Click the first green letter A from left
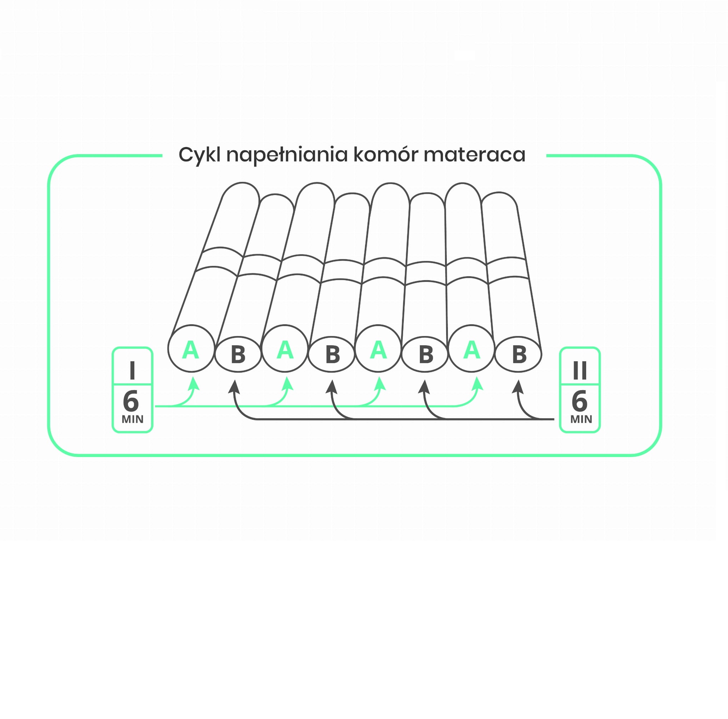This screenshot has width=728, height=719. [190, 350]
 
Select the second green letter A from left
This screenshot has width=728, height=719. [285, 350]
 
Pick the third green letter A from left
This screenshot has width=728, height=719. [378, 350]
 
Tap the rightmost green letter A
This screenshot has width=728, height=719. [472, 350]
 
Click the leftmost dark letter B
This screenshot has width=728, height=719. [238, 355]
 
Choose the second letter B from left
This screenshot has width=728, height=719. [332, 355]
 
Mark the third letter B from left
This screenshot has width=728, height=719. [426, 355]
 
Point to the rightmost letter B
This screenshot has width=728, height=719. [519, 355]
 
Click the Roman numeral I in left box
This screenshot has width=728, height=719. [132, 371]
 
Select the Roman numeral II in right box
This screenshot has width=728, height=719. [579, 371]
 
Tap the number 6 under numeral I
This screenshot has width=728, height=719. [131, 402]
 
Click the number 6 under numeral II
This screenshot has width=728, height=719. [579, 402]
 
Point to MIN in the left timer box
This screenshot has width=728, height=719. [132, 419]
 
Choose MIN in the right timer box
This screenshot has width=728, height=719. [581, 419]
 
